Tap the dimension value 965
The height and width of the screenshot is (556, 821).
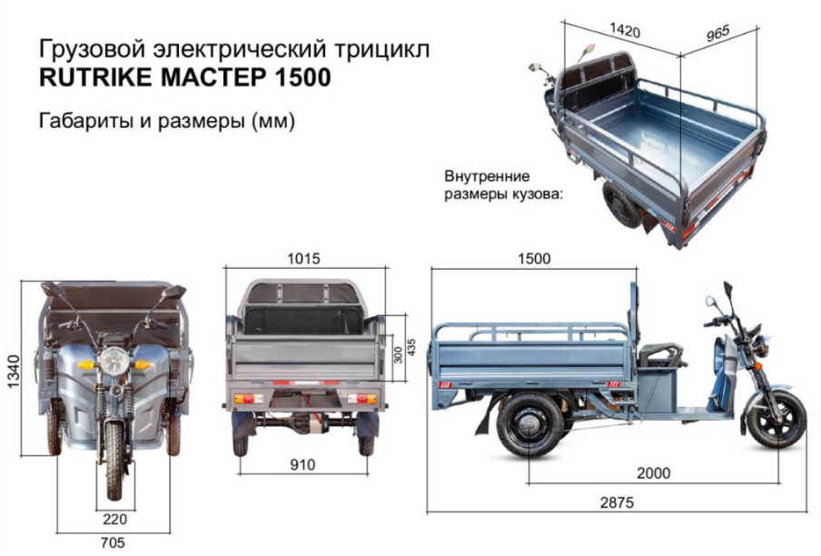point(717,34)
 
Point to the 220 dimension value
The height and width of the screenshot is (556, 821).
point(114,520)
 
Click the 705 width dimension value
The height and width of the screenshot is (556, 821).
point(113,543)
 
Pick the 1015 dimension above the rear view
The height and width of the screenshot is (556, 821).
point(303,259)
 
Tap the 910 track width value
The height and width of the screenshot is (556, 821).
point(302,464)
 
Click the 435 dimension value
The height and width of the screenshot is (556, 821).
point(411,348)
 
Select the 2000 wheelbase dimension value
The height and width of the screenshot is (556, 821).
point(654,473)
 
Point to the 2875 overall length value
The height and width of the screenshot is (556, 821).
point(617,502)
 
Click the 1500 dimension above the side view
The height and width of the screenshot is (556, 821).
point(534,259)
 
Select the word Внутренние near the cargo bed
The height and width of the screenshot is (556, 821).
point(487,176)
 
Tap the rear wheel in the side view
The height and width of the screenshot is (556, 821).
point(530,425)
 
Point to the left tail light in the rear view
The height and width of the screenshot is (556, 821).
point(248,399)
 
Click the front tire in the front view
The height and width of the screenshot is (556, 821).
point(114,460)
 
